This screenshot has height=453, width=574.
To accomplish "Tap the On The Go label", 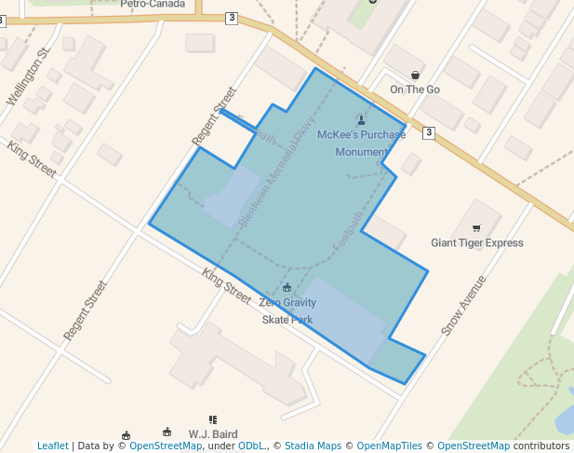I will coord(415,89).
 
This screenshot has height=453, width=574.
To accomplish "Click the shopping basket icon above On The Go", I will coord(415,75).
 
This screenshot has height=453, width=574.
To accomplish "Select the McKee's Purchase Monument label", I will coord(361,143).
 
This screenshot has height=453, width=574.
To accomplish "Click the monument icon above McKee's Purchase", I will coord(361,118).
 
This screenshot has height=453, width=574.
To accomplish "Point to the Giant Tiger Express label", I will coord(476,243).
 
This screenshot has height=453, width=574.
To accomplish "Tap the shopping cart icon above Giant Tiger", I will coord(476,228).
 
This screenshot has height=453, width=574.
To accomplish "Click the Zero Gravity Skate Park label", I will coord(287,311).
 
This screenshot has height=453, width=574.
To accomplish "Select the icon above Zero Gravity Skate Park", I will coord(287,287).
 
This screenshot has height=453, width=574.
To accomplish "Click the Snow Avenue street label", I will coord(464,306).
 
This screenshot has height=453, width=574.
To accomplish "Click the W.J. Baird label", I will coord(213,434).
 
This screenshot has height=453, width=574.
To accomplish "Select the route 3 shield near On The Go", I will coord(428,133).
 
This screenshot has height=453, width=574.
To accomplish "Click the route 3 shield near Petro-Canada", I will coord(231,18).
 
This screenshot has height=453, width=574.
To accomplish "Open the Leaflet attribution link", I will coord(52,446).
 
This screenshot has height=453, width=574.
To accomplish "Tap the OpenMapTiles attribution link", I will coord(382,446).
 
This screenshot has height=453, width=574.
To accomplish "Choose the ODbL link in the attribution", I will coord(251,446).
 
